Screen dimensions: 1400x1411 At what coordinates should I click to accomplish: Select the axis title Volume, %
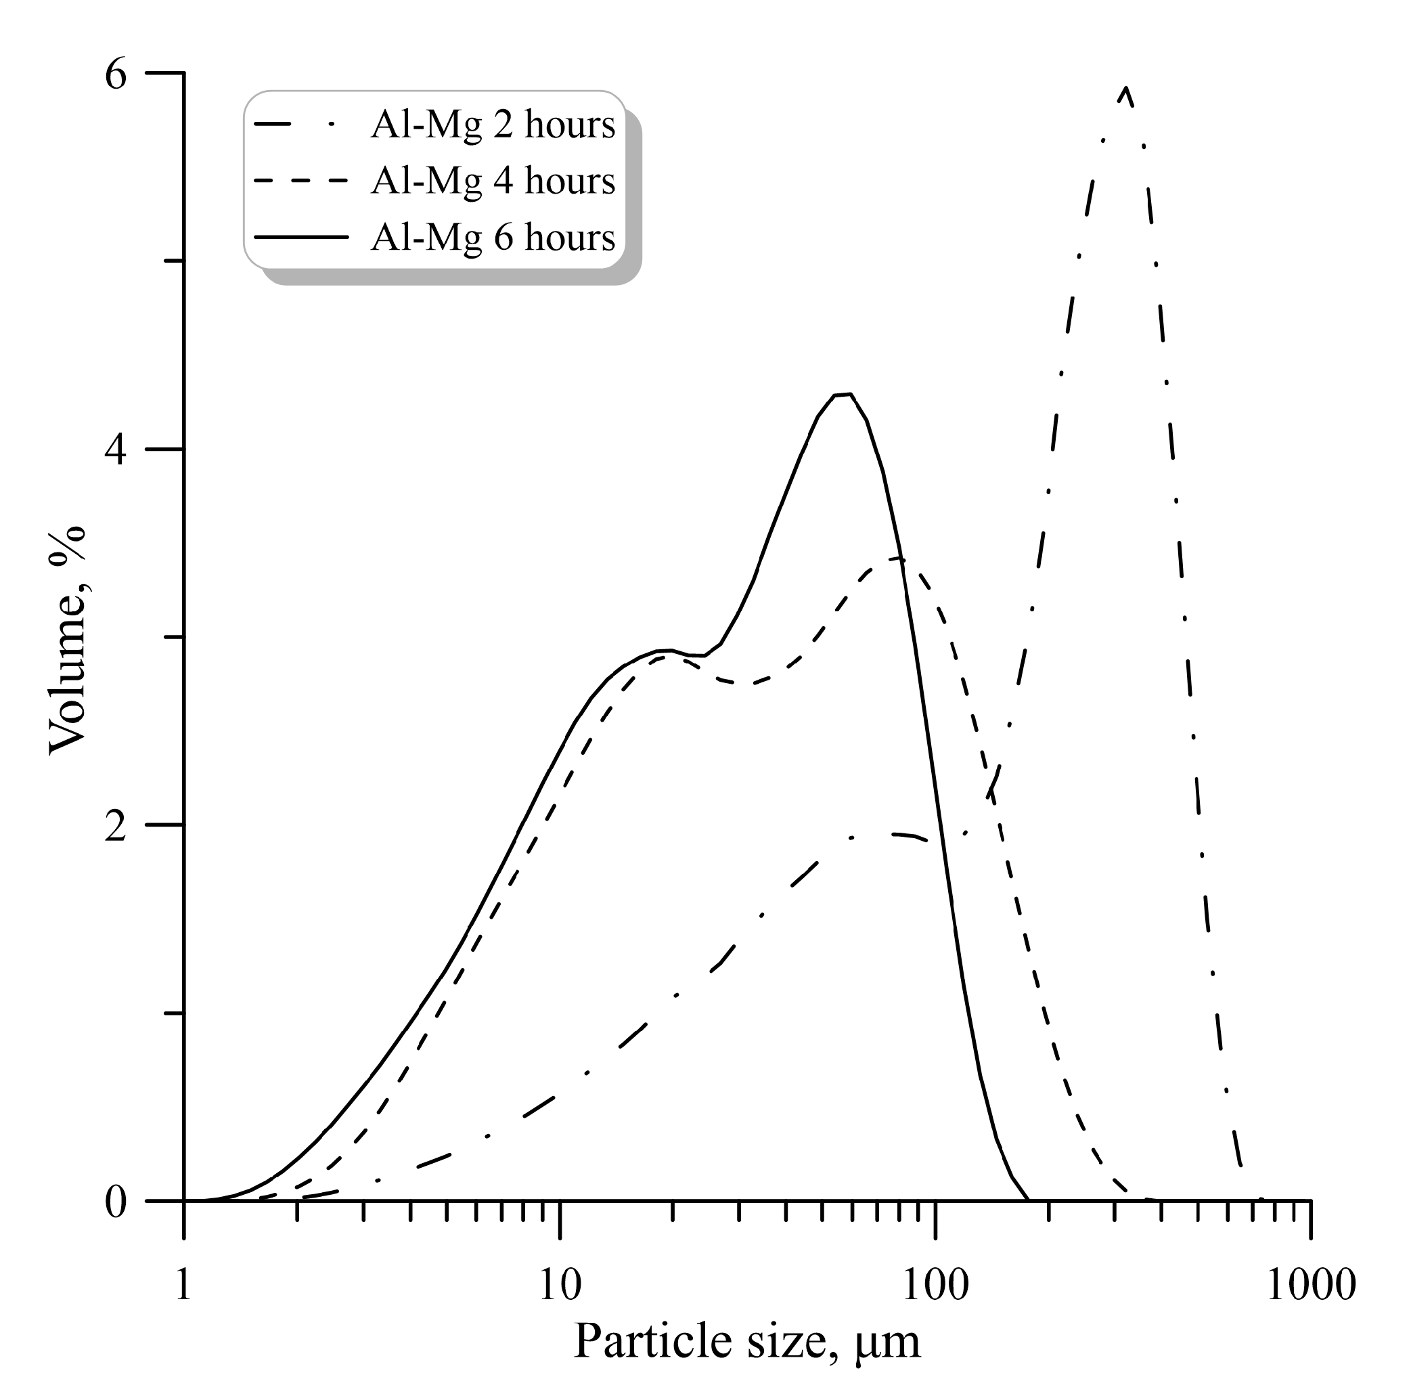67,639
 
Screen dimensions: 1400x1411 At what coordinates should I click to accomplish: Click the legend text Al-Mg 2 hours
493,125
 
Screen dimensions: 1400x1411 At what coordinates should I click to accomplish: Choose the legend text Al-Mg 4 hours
493,181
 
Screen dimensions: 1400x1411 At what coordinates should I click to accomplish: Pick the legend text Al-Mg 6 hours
493,237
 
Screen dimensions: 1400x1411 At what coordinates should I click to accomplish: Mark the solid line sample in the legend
300,237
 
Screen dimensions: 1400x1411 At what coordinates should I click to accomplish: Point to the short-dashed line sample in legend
300,181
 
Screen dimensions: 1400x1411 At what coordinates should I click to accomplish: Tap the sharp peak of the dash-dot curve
1126,89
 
